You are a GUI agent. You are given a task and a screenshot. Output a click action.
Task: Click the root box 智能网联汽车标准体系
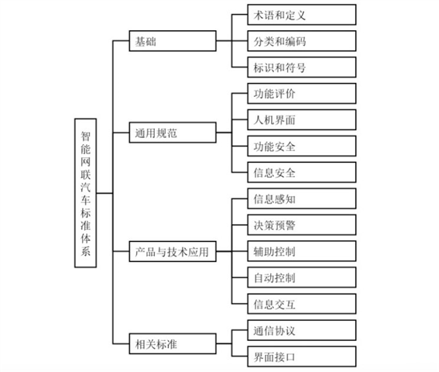[x=85, y=193]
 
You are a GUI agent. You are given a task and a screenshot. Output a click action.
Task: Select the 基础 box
[x=173, y=41]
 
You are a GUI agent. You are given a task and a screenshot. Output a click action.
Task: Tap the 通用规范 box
[x=173, y=133]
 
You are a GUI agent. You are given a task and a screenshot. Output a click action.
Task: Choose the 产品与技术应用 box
[x=173, y=251]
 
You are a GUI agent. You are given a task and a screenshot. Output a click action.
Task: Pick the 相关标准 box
[x=173, y=343]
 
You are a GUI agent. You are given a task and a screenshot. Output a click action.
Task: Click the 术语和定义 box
[x=302, y=15]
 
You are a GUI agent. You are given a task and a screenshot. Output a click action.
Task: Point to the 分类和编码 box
[x=302, y=41]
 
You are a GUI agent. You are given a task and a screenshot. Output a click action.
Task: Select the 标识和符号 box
[x=302, y=67]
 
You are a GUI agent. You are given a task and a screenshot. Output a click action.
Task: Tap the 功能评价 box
[x=302, y=93]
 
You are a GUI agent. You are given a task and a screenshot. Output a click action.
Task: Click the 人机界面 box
[x=302, y=119]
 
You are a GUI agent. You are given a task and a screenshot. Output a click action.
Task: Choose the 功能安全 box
[x=302, y=146]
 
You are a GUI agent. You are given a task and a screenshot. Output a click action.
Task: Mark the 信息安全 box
[x=302, y=172]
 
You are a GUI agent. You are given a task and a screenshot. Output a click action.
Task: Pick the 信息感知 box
[x=302, y=198]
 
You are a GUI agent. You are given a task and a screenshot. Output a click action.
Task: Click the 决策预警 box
[x=302, y=225]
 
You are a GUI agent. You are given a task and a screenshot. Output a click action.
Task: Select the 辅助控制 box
[x=302, y=251]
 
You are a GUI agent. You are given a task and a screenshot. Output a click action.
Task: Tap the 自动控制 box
[x=302, y=277]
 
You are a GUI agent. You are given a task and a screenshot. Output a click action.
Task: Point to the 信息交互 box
[x=302, y=304]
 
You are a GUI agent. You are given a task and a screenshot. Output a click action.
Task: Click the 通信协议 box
[x=302, y=330]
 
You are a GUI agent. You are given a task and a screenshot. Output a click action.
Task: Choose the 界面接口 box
[x=302, y=356]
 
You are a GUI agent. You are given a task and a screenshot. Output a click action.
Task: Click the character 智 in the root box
[x=85, y=136]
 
